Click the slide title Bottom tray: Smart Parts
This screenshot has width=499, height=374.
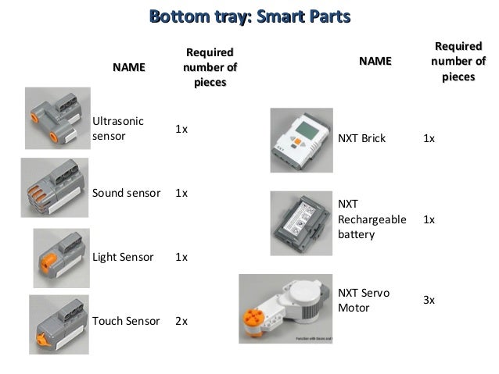pyautogui.click(x=249, y=16)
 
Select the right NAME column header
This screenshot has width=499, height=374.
pyautogui.click(x=375, y=61)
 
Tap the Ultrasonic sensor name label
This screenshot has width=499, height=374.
pyautogui.click(x=118, y=128)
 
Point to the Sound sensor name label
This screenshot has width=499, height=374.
pyautogui.click(x=127, y=193)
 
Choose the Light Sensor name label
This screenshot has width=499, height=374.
pyautogui.click(x=123, y=257)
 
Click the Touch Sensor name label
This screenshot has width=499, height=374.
pyautogui.click(x=126, y=320)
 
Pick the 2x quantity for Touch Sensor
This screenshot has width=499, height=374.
pyautogui.click(x=181, y=320)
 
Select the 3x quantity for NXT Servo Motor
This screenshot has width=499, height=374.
pyautogui.click(x=429, y=300)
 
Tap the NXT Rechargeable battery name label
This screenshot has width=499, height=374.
pyautogui.click(x=372, y=219)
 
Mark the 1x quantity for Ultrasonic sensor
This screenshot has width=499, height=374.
pyautogui.click(x=181, y=128)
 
